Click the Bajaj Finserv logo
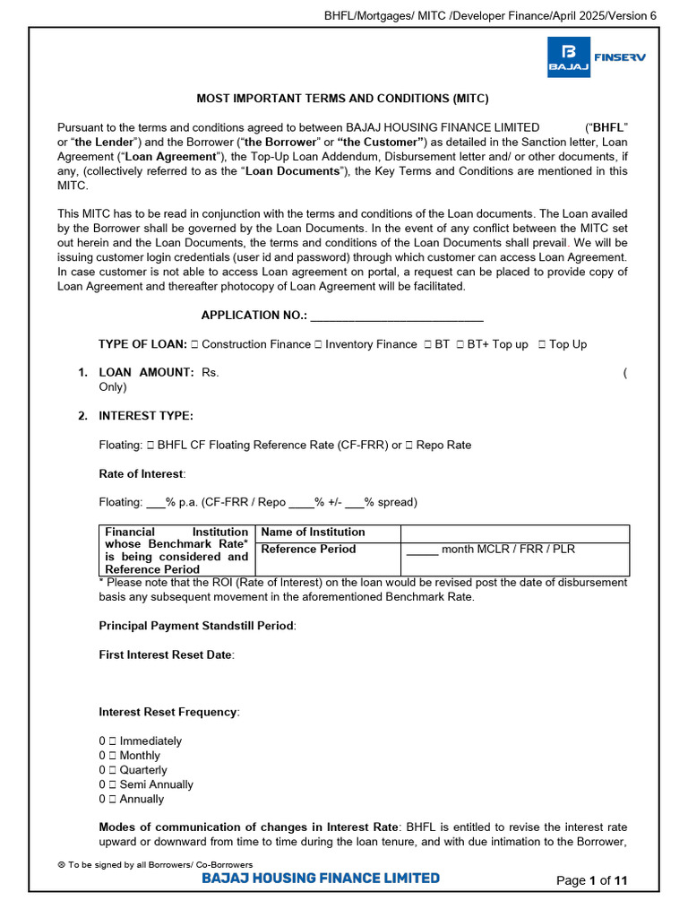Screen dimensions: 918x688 click(596, 57)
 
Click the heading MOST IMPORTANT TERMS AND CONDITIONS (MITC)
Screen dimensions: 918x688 click(343, 99)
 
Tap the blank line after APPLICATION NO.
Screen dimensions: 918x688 click(397, 316)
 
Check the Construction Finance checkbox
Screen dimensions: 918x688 click(194, 344)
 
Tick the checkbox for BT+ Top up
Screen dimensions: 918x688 click(460, 344)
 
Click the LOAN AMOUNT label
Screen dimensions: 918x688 click(146, 372)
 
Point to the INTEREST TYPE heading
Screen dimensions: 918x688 click(145, 416)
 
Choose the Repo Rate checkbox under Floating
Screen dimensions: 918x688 click(408, 445)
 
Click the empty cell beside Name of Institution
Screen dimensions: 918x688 click(514, 533)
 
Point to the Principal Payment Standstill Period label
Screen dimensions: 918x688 click(196, 626)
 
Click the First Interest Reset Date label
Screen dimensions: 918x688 click(166, 655)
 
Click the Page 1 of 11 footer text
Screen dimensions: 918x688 click(592, 880)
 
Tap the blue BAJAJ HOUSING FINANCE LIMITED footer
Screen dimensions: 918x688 click(321, 879)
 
